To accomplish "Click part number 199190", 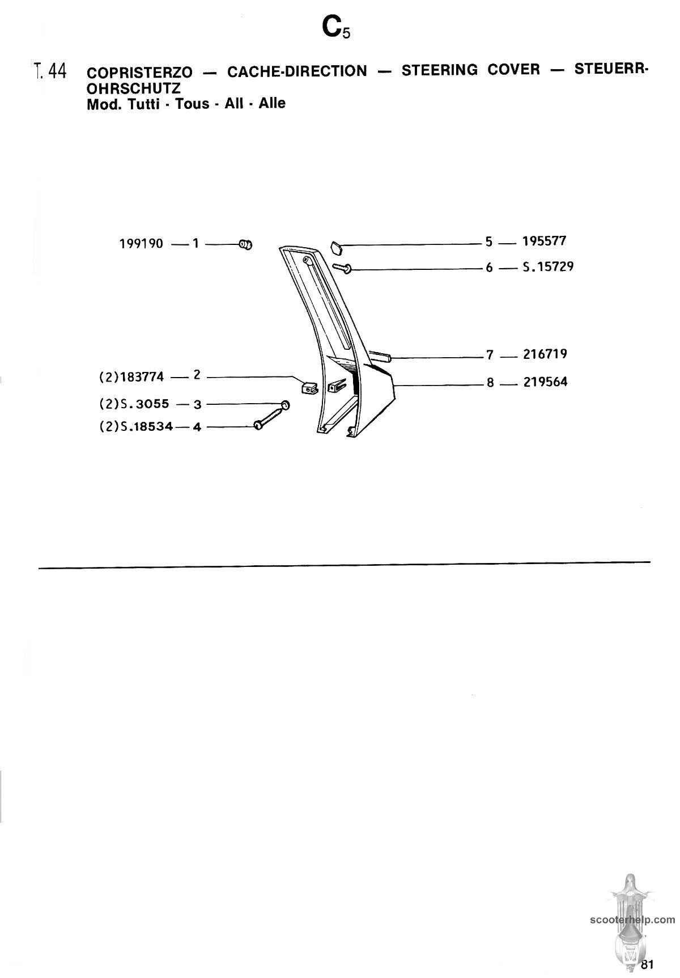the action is pos(141,244).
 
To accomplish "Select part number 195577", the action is pos(544,241).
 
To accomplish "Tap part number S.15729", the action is pos(547,266).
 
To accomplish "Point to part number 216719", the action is pos(545,354).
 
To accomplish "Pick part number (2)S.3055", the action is pos(134,404).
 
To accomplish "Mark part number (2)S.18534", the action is pos(136,426).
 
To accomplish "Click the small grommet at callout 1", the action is pos(245,245).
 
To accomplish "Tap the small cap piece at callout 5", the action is pos(336,247).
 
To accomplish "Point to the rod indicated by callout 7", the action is pos(380,356).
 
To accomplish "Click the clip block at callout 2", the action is pos(308,388).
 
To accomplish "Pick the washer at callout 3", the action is pos(285,404).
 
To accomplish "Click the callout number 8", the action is pos(490,383).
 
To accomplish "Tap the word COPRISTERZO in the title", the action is pos(139,73).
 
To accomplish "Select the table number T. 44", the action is pos(50,71).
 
